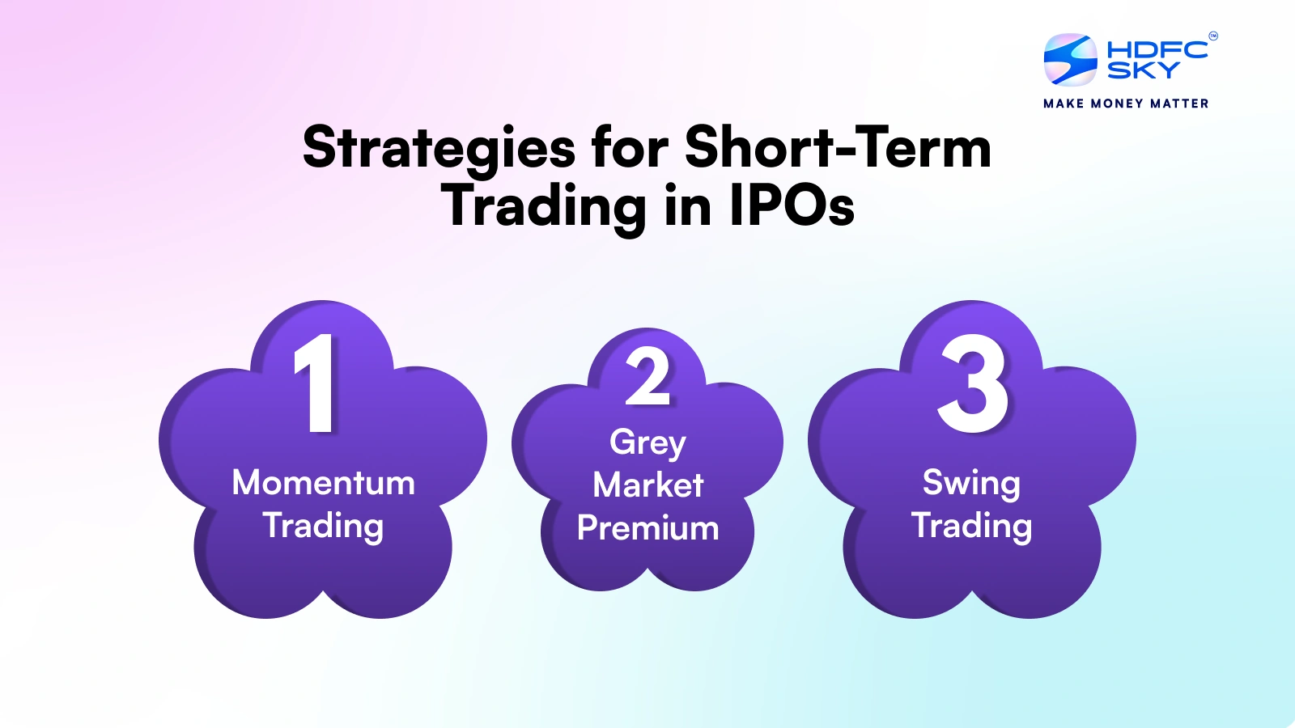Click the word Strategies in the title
pos(439,150)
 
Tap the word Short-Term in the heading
pos(838,148)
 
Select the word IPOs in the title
pos(792,206)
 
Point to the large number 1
pos(316,383)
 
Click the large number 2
pos(648,377)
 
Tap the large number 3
pos(973,383)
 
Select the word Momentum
pos(323,483)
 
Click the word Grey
pos(647,442)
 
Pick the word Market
pos(647,485)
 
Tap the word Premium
pos(647,528)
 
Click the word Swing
pos(971,483)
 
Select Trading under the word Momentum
pos(323,526)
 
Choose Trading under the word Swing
pos(971,526)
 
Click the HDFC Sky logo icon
pos(1070,60)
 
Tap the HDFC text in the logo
pos(1157,49)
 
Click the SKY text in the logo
pos(1143,71)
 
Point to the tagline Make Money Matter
pos(1126,104)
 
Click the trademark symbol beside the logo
pos(1212,36)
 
